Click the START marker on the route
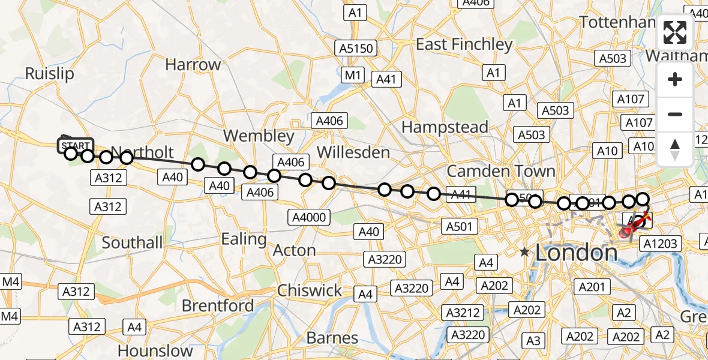[75, 145]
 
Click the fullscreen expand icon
[675, 32]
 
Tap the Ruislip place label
[49, 74]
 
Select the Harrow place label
[193, 65]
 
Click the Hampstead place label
[445, 127]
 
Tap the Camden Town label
[501, 171]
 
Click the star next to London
[525, 253]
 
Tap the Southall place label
[132, 243]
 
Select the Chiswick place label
[310, 291]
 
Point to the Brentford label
[218, 306]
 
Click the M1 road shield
[353, 75]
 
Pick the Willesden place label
[353, 152]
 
